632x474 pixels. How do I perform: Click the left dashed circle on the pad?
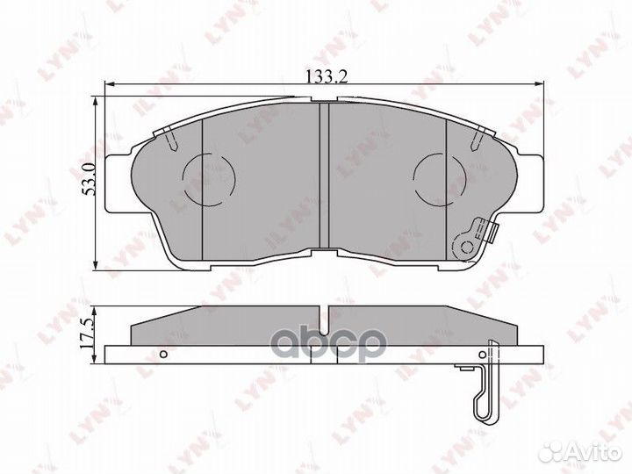[208, 180]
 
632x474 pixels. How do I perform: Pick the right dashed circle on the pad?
[440, 180]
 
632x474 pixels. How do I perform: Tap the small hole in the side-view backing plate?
[163, 355]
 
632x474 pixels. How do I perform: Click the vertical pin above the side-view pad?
[324, 312]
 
